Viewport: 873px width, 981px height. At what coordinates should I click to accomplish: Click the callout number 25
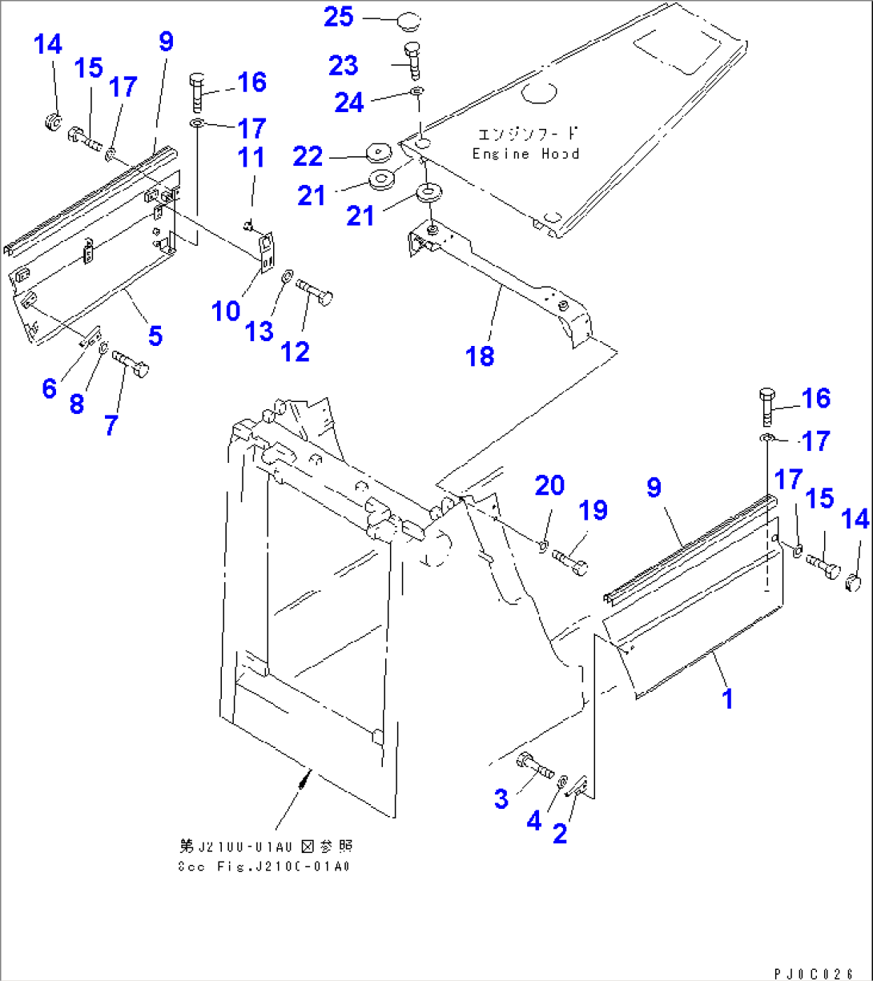(x=338, y=17)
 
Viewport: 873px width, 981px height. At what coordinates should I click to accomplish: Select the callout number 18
(x=481, y=356)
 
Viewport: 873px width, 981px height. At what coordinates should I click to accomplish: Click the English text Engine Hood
(x=525, y=154)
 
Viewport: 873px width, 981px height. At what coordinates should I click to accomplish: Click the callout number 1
(x=727, y=698)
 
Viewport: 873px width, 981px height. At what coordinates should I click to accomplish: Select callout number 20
(x=550, y=485)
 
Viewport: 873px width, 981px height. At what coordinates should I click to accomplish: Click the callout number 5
(x=155, y=336)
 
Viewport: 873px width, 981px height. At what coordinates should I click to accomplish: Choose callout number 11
(x=252, y=157)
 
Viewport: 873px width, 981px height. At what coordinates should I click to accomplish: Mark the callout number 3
(x=501, y=798)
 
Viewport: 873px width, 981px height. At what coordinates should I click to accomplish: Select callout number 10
(x=226, y=311)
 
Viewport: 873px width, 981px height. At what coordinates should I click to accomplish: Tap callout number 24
(x=349, y=103)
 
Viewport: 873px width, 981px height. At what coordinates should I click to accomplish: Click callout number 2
(x=559, y=834)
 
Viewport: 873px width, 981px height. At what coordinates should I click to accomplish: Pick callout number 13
(x=259, y=331)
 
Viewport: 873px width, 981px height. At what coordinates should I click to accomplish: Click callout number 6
(x=50, y=388)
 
